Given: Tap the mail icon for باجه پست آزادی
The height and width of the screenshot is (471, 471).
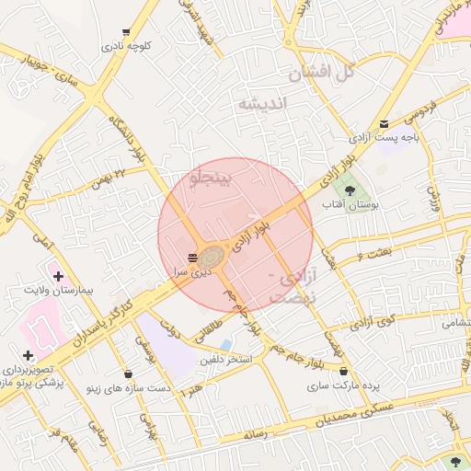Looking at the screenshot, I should point(384,123).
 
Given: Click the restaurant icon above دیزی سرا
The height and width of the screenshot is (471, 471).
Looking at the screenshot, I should point(192,257).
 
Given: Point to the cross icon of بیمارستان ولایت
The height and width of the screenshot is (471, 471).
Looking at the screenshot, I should point(58,275).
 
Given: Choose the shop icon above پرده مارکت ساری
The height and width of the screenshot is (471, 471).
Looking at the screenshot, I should point(344,372).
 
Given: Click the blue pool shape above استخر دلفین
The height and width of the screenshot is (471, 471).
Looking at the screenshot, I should point(226,344).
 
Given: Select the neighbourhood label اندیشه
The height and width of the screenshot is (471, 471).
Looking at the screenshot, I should point(264,103).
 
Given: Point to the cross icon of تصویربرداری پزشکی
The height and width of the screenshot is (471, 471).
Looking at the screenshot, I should point(28,355).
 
